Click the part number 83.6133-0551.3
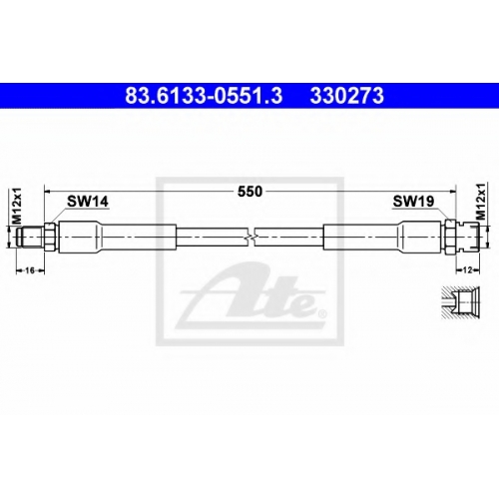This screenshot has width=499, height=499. (x=204, y=96)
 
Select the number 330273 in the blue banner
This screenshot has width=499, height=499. (x=347, y=96)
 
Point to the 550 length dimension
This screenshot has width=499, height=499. (x=249, y=192)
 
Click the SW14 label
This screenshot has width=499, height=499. (x=88, y=202)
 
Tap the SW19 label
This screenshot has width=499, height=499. (x=413, y=201)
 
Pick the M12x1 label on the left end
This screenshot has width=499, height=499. (x=17, y=206)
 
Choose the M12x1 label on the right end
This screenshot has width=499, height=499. (x=481, y=201)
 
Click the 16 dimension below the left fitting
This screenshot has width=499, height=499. (x=30, y=270)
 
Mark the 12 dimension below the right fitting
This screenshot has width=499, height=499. (x=467, y=270)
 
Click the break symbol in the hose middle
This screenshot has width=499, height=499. (x=251, y=237)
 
